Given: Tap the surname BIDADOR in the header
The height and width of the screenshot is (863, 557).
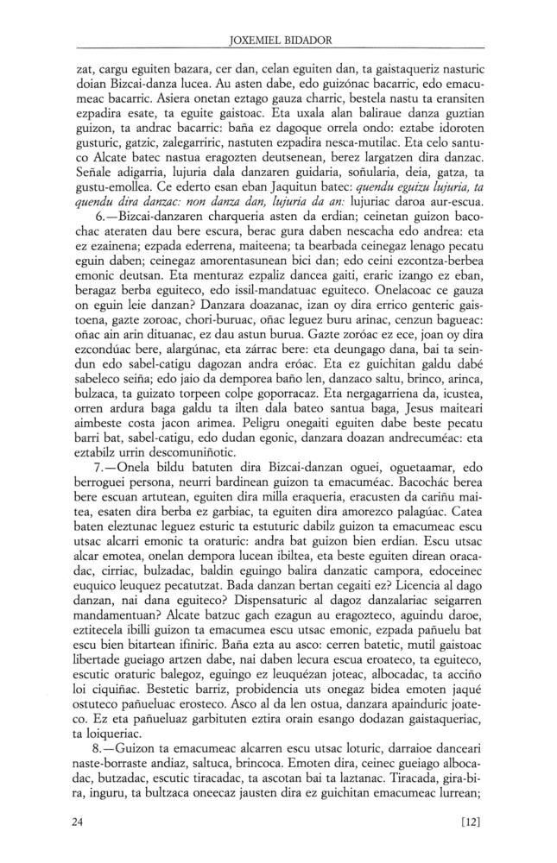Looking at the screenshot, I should [307, 38].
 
